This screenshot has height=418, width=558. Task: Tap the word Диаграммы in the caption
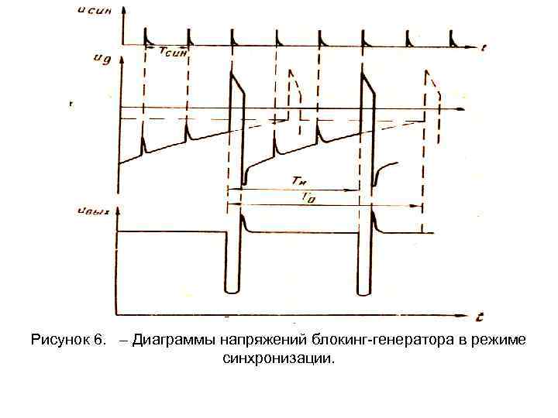[172, 341]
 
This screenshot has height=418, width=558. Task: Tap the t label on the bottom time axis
[480, 317]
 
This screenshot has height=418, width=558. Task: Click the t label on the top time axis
[482, 48]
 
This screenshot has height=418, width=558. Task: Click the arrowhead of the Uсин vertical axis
[122, 9]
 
